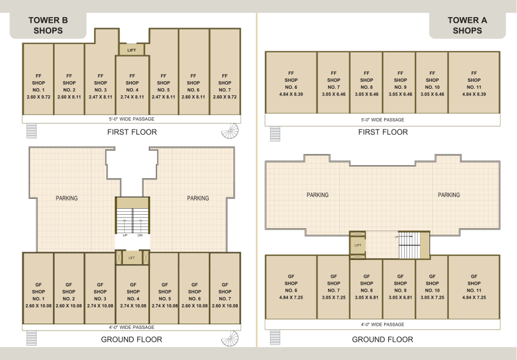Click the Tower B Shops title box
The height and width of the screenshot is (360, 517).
coord(48,25)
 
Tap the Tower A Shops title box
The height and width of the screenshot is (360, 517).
coord(467,25)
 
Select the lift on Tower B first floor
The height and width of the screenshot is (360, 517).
coord(132,50)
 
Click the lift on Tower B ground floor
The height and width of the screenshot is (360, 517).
coord(132,258)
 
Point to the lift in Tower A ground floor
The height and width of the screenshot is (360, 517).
coord(358,245)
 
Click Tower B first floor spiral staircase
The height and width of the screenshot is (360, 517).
coord(230,131)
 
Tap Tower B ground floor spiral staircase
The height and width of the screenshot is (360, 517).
coord(230,338)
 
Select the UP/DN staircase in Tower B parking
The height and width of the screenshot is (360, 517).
coord(132,221)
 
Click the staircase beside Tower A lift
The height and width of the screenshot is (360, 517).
coord(410,245)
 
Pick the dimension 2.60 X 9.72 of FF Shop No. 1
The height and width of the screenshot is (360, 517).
coord(39,97)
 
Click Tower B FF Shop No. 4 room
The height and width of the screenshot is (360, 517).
coord(132,85)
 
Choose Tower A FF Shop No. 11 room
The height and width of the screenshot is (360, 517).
coord(474,83)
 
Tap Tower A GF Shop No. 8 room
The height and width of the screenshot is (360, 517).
coord(366,289)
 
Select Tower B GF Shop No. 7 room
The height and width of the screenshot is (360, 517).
coord(225,288)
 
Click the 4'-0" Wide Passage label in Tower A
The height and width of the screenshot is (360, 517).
coord(382,324)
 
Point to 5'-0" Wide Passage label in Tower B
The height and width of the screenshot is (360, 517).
coord(132,119)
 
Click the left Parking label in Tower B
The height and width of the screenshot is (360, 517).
coord(66,198)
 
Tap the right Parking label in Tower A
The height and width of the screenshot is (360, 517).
coord(449,195)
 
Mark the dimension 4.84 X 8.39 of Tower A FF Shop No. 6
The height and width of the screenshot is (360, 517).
coord(291,94)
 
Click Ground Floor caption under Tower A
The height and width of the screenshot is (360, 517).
coord(382,339)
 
